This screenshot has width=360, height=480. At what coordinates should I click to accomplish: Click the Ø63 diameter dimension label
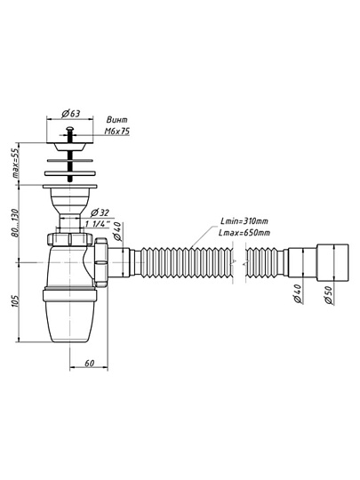coord(71,114)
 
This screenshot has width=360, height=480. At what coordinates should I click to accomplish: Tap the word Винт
coord(117,120)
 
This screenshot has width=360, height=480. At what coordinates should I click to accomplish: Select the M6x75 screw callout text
coord(117,132)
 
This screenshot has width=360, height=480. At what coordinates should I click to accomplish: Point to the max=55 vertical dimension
coord(15,163)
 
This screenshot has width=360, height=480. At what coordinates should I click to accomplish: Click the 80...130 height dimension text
coord(15,223)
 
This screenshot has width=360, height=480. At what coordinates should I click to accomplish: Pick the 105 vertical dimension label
coord(15,301)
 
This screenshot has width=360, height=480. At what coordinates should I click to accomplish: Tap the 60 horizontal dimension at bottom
coord(89,364)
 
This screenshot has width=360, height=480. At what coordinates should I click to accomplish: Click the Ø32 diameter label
coord(100,212)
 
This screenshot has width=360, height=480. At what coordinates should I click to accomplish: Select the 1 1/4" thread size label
coord(98,224)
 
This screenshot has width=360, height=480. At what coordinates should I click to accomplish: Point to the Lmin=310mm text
coord(244,221)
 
